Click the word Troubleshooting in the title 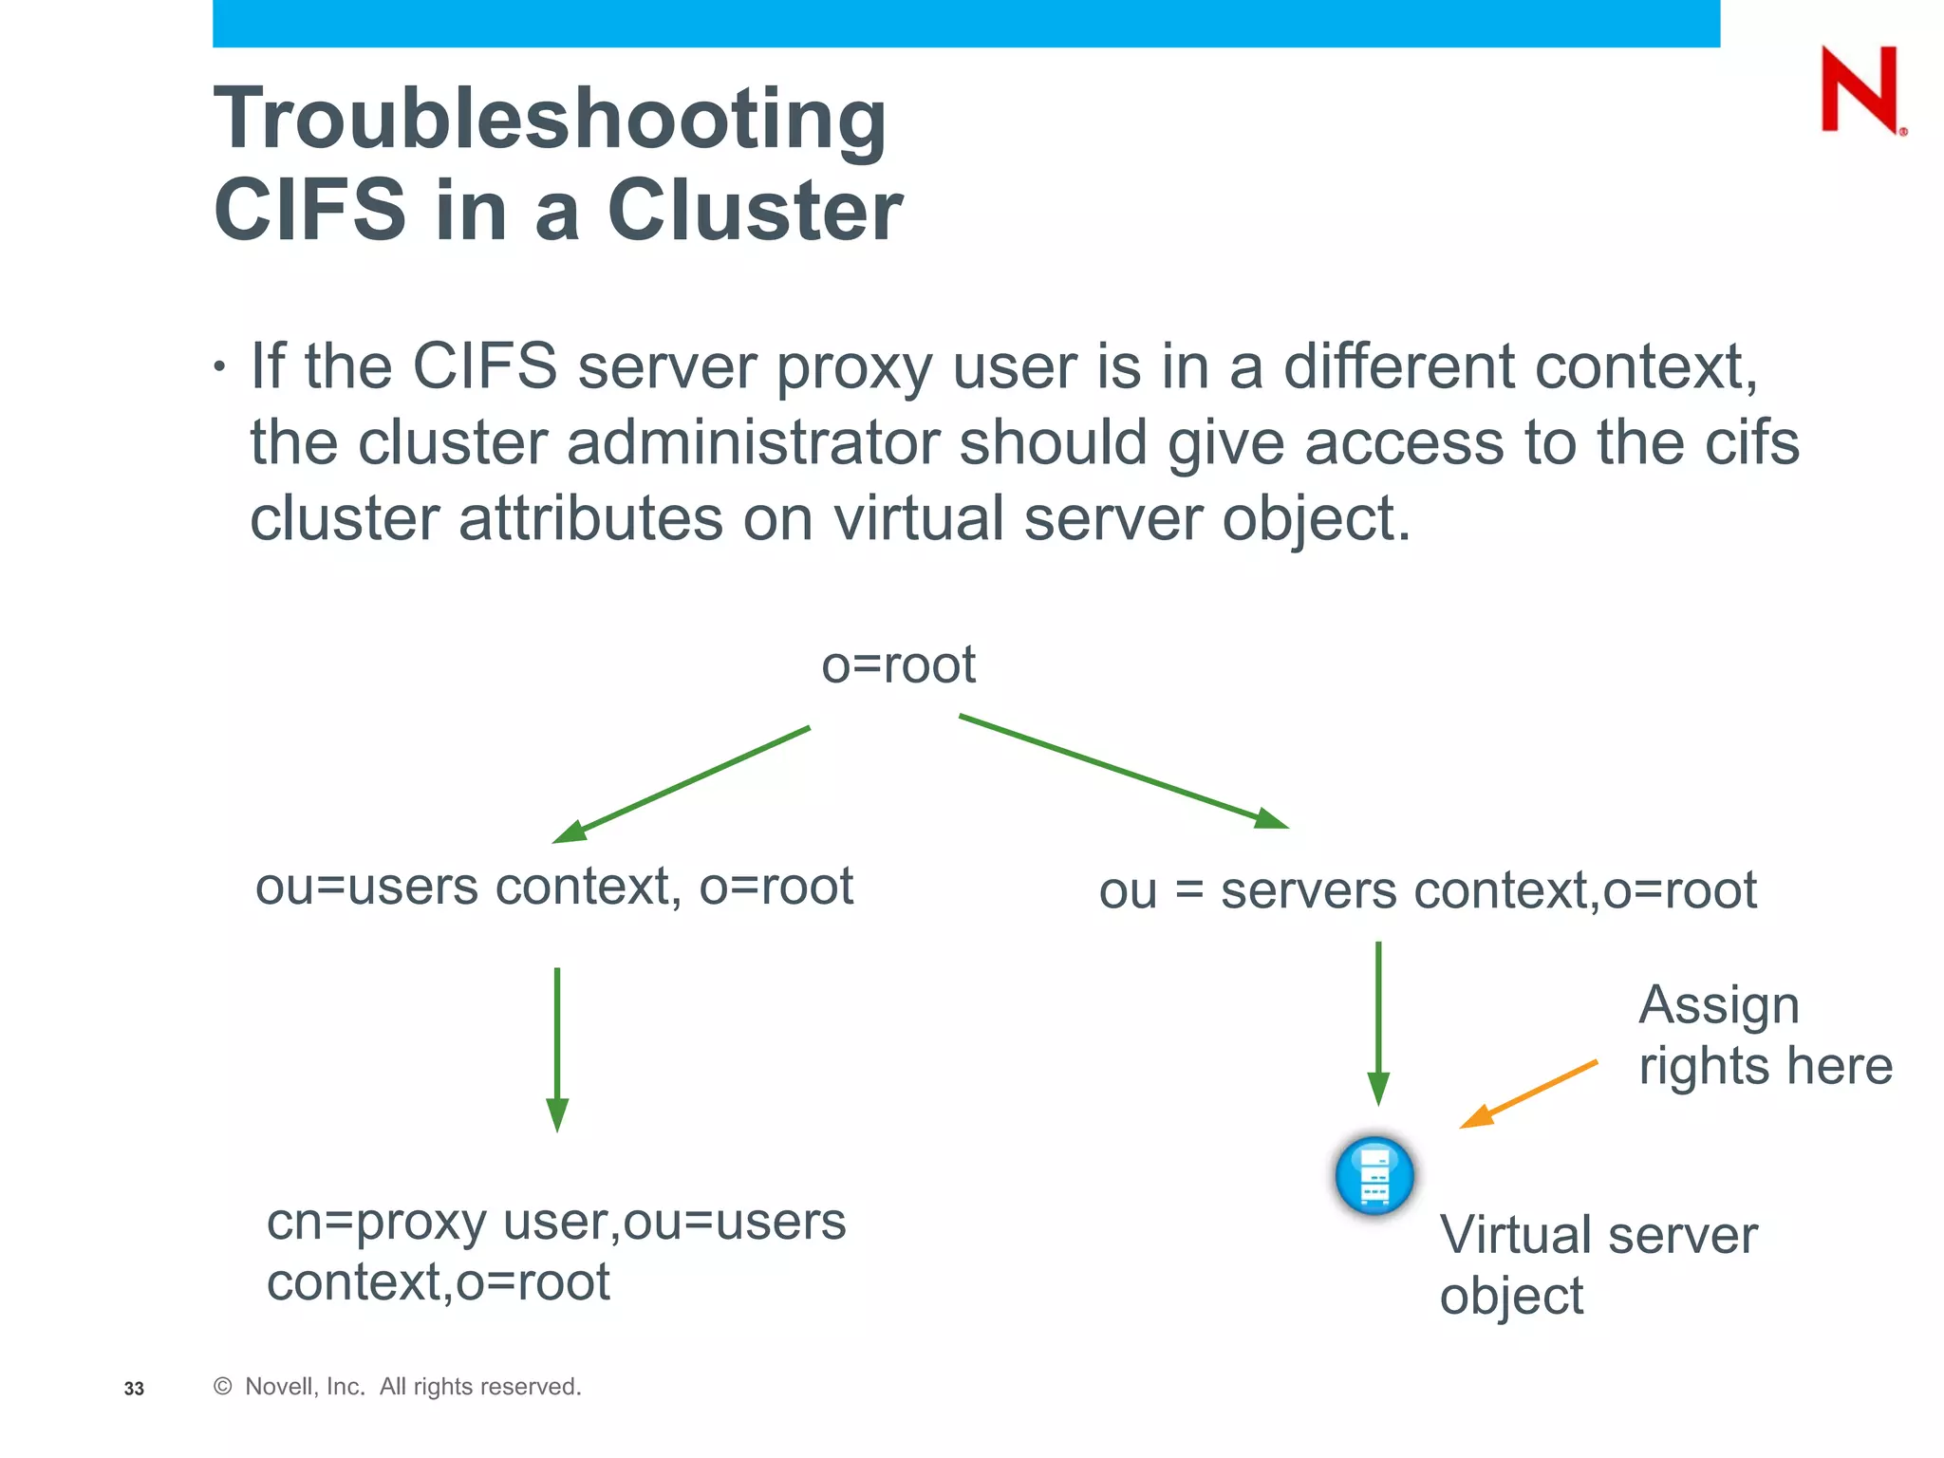point(551,120)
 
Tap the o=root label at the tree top point(898,664)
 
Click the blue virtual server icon point(1374,1175)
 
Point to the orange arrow point(1528,1093)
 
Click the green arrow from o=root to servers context point(1124,771)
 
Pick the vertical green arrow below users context point(557,1049)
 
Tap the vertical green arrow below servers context point(1378,1023)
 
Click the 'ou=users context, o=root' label point(554,887)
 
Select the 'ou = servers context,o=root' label point(1428,891)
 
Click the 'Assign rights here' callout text point(1765,1035)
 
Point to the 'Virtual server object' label point(1598,1264)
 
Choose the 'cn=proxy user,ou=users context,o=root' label point(555,1251)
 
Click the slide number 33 point(134,1389)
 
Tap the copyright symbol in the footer point(223,1387)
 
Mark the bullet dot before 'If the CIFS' point(220,367)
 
